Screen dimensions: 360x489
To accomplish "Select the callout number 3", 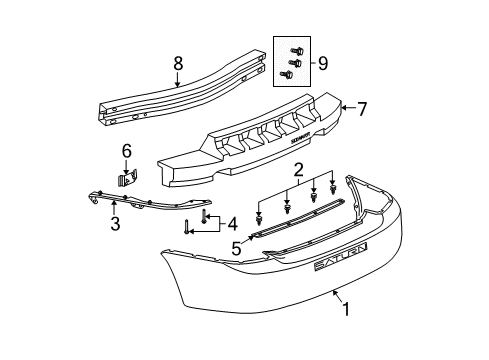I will [x=115, y=224].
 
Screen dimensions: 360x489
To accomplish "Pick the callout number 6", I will [x=126, y=152].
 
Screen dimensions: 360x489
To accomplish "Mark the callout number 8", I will [x=177, y=63].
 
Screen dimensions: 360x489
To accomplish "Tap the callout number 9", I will [x=323, y=64].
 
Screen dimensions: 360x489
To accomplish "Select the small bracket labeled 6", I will [x=127, y=179].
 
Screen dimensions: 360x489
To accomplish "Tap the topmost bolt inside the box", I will [x=296, y=50].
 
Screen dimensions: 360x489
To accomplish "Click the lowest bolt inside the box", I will [x=289, y=73].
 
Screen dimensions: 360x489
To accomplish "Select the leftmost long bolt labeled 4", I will [x=187, y=254].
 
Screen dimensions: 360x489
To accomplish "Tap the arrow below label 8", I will [x=177, y=81].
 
